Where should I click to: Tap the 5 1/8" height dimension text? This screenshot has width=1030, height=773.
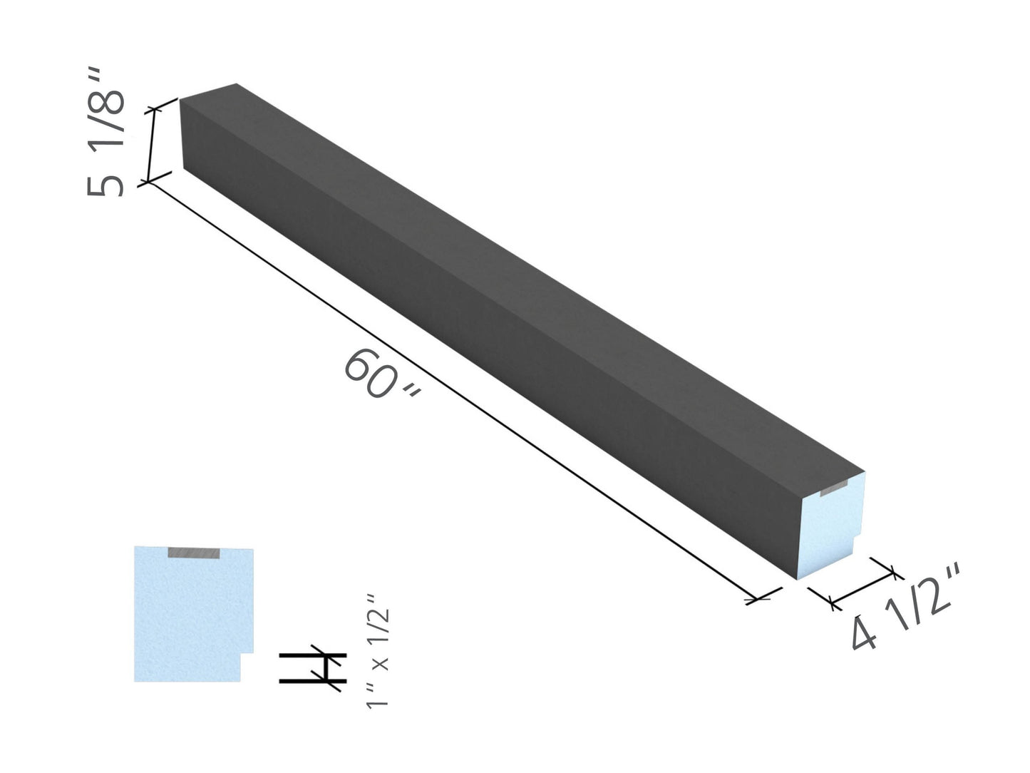click(x=106, y=133)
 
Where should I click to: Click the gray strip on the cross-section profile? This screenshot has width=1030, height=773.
click(x=195, y=553)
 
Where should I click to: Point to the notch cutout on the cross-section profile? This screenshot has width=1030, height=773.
click(x=247, y=667)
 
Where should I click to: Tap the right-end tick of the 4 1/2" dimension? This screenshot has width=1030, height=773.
click(x=893, y=570)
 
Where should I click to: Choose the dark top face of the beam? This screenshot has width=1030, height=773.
click(x=527, y=271)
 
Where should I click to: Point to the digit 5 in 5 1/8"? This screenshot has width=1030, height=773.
click(x=105, y=184)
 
